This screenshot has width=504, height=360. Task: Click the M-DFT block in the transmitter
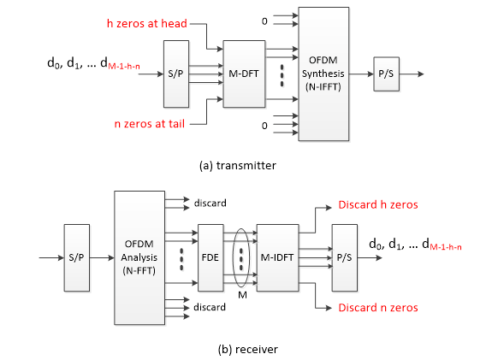point(244,74)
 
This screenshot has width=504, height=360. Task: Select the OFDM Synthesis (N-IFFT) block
point(323,74)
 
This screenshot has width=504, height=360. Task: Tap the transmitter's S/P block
point(175,74)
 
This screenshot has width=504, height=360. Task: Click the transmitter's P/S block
point(387,74)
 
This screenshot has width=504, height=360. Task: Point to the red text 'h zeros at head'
point(147,23)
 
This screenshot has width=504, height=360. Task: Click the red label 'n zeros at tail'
point(150,124)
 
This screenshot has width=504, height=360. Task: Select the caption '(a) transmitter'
point(238,165)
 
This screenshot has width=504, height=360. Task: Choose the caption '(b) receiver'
point(247,349)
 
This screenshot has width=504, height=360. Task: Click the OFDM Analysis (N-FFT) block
point(139,257)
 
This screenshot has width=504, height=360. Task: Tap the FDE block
point(210,257)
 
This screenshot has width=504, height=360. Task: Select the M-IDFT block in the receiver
point(277,257)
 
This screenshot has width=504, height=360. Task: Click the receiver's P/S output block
point(344,257)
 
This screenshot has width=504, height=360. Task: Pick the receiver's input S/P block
point(76,257)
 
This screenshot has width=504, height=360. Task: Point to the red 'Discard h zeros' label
point(378,204)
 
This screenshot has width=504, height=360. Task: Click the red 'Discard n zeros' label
point(378,308)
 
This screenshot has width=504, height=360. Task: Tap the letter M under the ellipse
point(243,295)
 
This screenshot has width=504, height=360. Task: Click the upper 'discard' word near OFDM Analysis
point(210,203)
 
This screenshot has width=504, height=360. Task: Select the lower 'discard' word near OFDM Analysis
point(210,307)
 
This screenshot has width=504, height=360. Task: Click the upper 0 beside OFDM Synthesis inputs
point(264,21)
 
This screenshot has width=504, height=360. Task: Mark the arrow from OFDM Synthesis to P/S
point(361,74)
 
